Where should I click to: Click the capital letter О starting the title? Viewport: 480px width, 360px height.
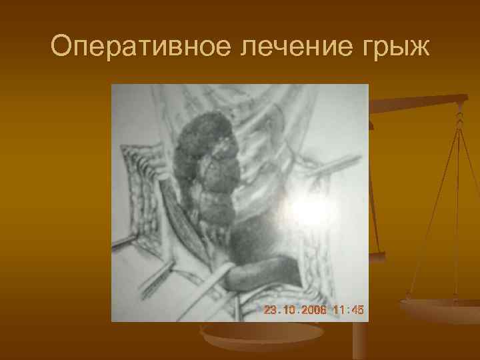tap(61, 46)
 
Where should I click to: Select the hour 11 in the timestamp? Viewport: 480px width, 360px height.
tap(338, 310)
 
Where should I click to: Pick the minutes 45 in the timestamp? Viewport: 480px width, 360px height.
tap(358, 310)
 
